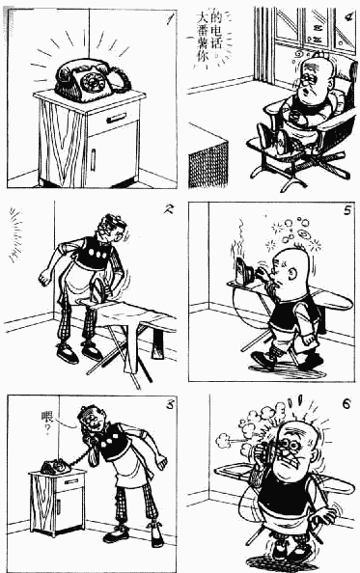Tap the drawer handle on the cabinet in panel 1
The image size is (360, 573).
(x=116, y=118)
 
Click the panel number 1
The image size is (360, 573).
(x=169, y=18)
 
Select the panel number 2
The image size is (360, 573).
(x=168, y=209)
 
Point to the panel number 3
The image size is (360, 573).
(x=170, y=405)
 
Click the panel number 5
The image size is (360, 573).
(x=346, y=211)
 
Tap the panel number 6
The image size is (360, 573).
(x=346, y=404)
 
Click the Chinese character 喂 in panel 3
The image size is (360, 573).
(x=47, y=417)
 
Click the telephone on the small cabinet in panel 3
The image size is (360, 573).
(x=55, y=466)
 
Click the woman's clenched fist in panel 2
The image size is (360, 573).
(x=45, y=278)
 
